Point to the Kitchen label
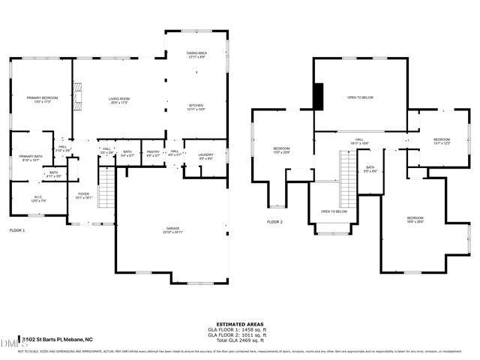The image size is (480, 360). [196, 107]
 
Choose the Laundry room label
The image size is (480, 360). [205, 156]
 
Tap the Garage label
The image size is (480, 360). [172, 230]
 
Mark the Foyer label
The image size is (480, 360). [83, 195]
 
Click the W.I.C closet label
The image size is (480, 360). [39, 199]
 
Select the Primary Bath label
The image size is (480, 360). [31, 158]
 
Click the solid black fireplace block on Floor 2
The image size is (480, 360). [318, 96]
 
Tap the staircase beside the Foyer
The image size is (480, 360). [106, 187]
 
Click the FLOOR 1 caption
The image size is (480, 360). [16, 231]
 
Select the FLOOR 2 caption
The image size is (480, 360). [274, 222]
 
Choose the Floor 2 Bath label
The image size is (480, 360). [370, 169]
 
